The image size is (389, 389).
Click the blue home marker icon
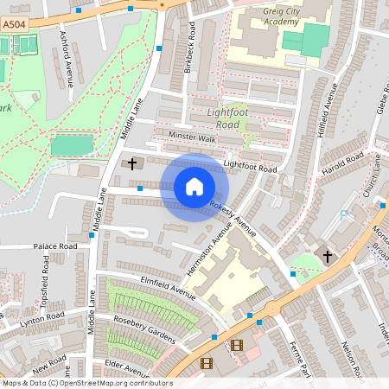point(194,187)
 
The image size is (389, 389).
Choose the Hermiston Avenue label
point(211,252)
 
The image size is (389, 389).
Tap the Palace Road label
point(55,246)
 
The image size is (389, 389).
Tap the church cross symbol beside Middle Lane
point(132,163)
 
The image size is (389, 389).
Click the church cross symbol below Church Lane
point(327,256)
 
